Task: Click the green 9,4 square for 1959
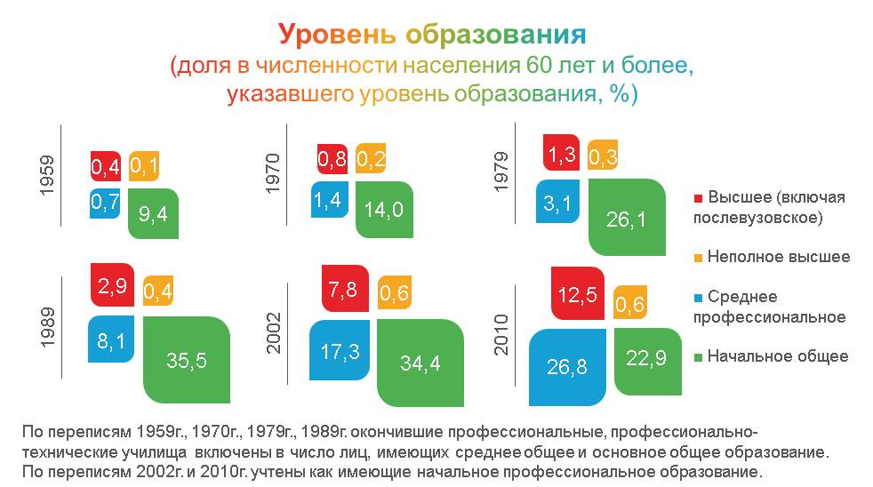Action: tap(153, 213)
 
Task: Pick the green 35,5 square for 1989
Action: tap(187, 359)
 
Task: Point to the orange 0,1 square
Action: tap(144, 164)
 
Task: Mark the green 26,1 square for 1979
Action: tap(628, 217)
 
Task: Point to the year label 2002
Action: tap(274, 332)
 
